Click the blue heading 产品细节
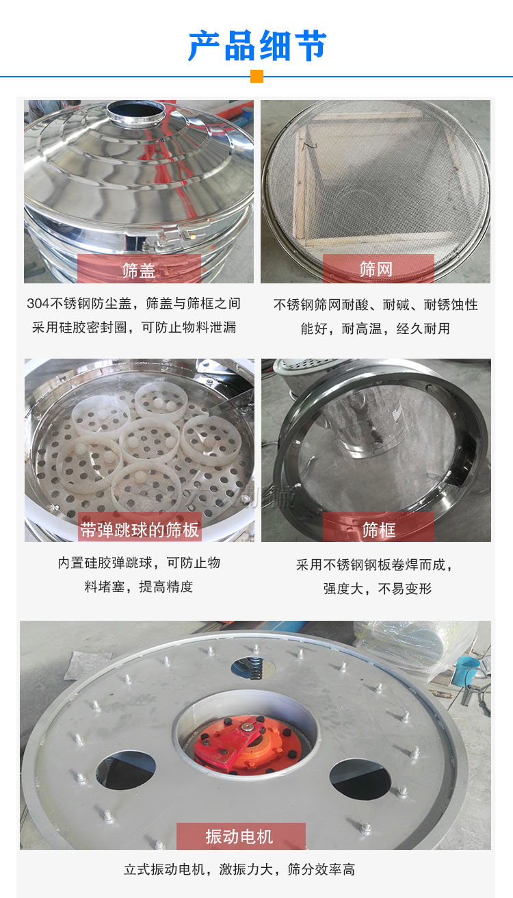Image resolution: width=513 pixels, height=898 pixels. pos(256,46)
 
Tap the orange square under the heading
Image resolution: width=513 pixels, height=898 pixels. pos(256,76)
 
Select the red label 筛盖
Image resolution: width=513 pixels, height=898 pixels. pos(139,269)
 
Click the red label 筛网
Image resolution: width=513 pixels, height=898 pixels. pos(378,269)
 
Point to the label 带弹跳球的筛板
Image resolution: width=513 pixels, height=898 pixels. pos(140,528)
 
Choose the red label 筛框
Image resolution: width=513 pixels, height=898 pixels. pos(378,528)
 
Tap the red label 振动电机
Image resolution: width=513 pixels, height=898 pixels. pos(240,836)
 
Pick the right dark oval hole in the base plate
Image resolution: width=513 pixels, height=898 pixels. pos(360,778)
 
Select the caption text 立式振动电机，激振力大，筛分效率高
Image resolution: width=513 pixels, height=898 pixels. pos(239,870)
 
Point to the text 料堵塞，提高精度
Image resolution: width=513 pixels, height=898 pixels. pos(139,587)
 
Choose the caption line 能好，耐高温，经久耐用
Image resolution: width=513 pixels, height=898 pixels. pos(376,329)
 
